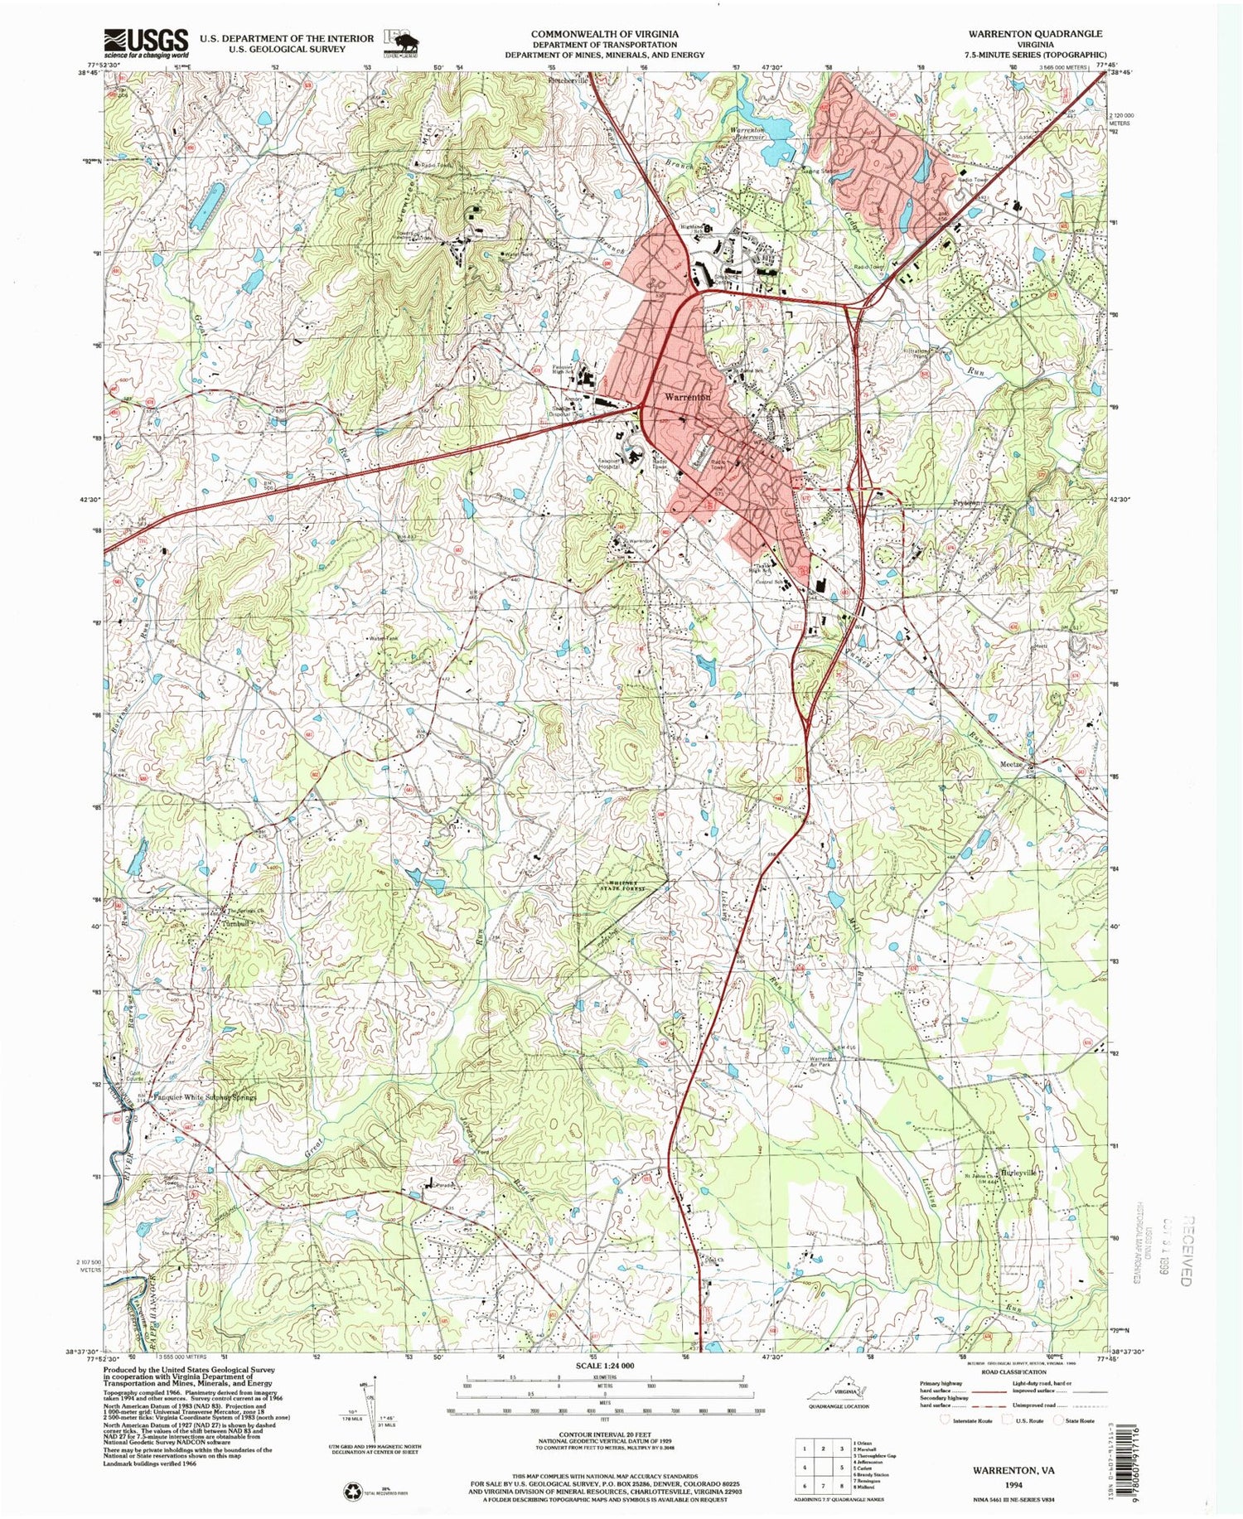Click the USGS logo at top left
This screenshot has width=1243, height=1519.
(145, 41)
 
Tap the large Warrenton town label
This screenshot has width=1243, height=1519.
(687, 397)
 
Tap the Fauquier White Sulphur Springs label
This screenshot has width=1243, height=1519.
(206, 1096)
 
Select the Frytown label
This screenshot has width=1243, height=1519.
(966, 502)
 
